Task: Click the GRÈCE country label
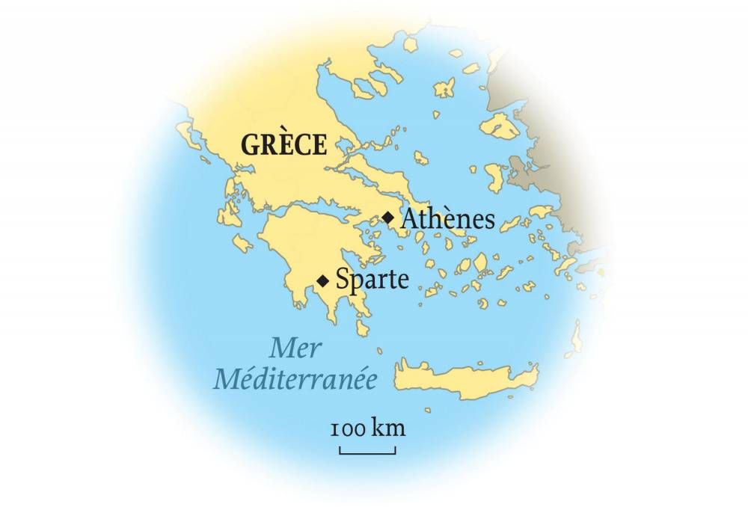pos(283,144)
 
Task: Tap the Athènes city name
pos(448,219)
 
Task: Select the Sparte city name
pos(372,280)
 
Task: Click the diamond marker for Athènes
pos(387,218)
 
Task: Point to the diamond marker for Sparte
pos(322,281)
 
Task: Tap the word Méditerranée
pos(295,378)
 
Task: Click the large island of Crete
pos(464,374)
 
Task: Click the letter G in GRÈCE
pos(249,144)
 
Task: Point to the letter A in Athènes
pos(411,219)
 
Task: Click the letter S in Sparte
pos(343,280)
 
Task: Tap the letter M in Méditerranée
pos(227,378)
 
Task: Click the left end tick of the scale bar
pos(340,450)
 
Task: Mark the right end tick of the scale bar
pos(395,450)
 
